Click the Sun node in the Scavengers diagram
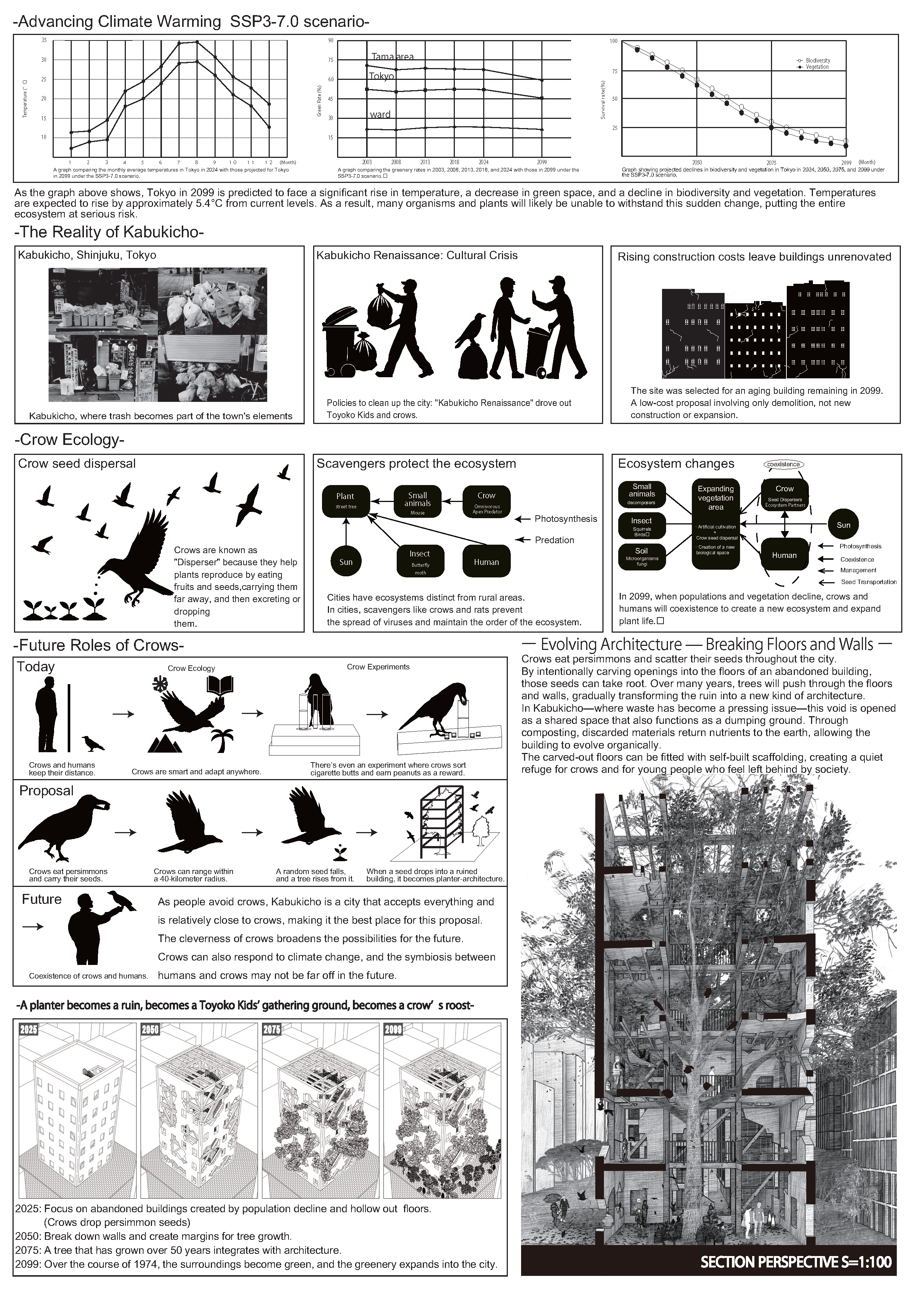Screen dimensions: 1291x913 click(346, 562)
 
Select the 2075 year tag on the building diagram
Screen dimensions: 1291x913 click(272, 1030)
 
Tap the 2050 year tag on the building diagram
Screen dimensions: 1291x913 click(150, 1030)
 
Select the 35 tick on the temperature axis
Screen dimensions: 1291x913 click(44, 40)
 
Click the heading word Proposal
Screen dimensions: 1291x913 click(47, 790)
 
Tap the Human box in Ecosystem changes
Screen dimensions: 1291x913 click(784, 555)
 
